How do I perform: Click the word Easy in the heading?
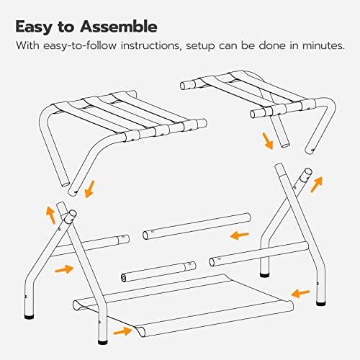tap(33, 27)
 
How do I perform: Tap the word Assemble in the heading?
tap(119, 27)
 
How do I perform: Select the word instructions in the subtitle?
tap(150, 45)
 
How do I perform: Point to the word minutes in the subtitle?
tap(323, 45)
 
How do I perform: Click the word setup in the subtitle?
tap(201, 46)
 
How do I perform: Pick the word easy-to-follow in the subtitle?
tap(80, 45)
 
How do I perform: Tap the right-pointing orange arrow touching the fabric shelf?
tap(122, 331)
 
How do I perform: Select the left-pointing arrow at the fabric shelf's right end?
tap(300, 293)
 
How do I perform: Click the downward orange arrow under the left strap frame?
tap(90, 189)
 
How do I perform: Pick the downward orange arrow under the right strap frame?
tap(268, 141)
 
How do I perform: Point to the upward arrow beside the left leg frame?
tap(51, 215)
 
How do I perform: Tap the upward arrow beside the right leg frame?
tap(317, 184)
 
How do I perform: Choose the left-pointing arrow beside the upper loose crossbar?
tap(240, 235)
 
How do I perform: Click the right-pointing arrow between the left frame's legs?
tap(64, 269)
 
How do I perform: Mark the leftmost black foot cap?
tap(30, 317)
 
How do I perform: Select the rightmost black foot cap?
tap(321, 304)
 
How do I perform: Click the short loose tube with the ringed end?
tap(158, 271)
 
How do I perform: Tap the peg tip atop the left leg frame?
tap(72, 214)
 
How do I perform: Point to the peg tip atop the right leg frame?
tap(307, 172)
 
